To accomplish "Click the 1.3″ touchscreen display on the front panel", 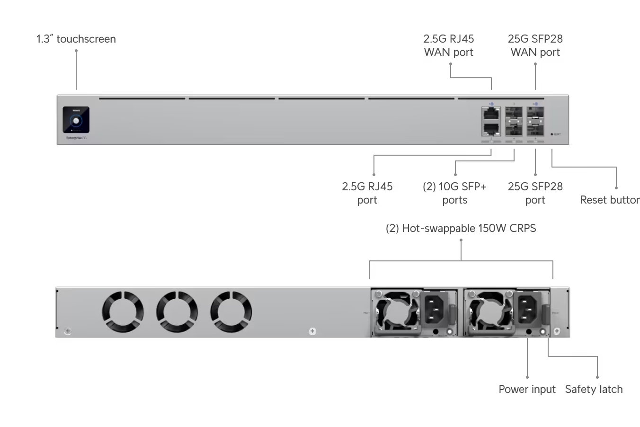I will tap(76, 120).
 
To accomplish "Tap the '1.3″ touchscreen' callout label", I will tap(76, 39).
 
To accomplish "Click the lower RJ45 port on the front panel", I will tap(491, 128).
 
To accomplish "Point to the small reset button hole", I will tap(552, 134).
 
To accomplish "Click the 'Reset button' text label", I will tap(610, 200).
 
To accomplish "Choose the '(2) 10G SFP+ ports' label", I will tap(454, 193).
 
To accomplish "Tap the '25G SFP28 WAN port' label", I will tap(535, 45).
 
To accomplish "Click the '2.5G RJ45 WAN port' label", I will tap(449, 45).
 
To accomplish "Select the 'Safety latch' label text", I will tap(594, 389).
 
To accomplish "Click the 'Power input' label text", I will tap(527, 389).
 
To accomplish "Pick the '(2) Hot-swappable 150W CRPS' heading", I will tap(461, 228).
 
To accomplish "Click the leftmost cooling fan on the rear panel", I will tap(123, 311).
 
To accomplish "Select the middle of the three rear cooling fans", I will tap(177, 311).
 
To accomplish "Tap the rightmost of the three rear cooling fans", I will tap(231, 311).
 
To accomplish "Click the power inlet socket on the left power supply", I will tap(435, 309).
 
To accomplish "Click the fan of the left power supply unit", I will tap(397, 311).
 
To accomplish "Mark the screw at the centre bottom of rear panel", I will tap(312, 331).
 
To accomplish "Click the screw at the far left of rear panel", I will tap(68, 331).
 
